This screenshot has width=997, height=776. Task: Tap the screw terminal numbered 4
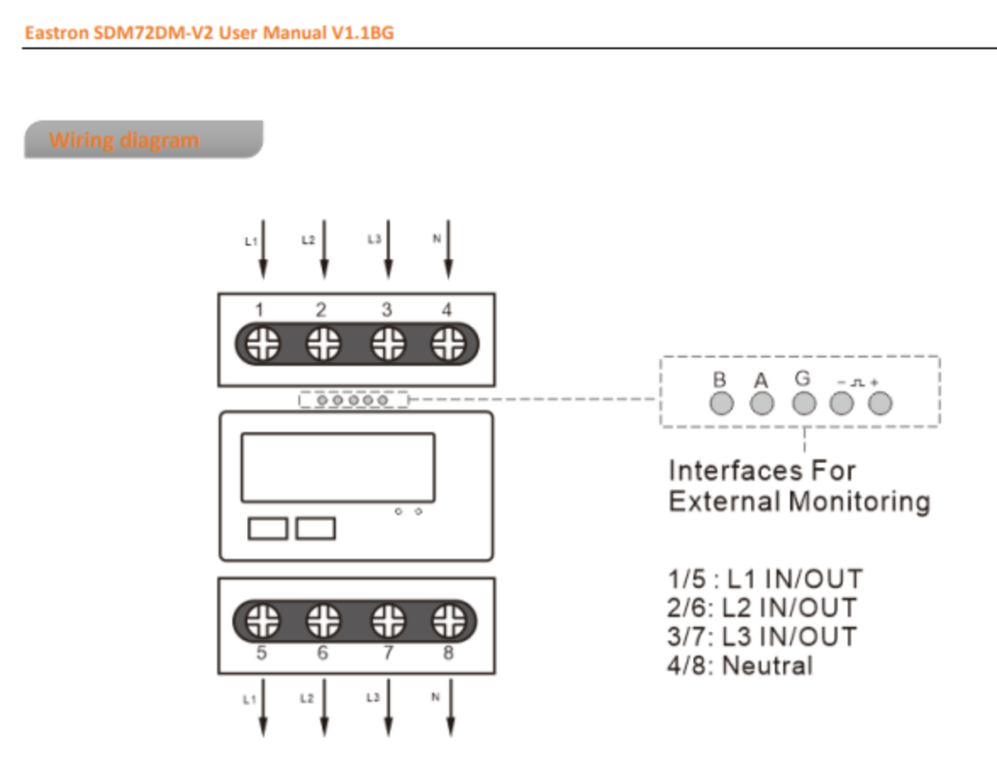click(x=447, y=345)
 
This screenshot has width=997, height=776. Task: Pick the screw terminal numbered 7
click(x=387, y=622)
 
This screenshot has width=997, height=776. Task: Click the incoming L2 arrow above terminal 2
click(x=324, y=250)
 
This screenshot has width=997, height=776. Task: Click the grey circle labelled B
click(x=721, y=403)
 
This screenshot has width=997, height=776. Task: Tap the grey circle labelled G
click(x=802, y=403)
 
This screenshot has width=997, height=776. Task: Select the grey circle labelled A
click(x=761, y=403)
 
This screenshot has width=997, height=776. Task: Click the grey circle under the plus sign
click(x=881, y=403)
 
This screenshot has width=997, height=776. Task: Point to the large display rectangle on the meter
click(x=338, y=468)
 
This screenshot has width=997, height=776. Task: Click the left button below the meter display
click(x=267, y=529)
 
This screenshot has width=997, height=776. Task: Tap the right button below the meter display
click(x=315, y=529)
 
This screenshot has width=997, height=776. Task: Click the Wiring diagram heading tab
click(x=142, y=140)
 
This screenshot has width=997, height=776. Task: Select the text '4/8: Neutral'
click(x=739, y=666)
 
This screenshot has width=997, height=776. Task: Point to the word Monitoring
click(x=859, y=502)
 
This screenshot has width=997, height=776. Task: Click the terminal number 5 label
click(x=262, y=653)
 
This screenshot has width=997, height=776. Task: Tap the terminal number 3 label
click(x=386, y=311)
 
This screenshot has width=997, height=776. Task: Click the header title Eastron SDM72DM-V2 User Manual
click(x=209, y=34)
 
